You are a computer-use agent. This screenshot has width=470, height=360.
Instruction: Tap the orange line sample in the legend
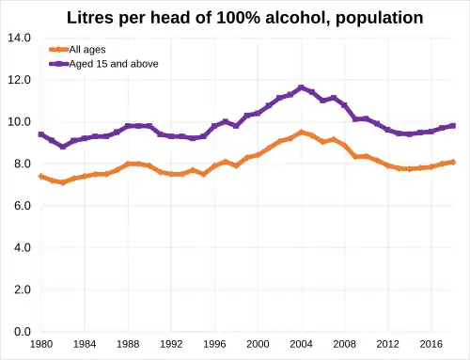point(58,49)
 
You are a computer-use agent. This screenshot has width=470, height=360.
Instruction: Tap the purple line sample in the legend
point(58,63)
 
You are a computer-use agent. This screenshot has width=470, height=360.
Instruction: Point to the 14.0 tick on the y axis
point(19,38)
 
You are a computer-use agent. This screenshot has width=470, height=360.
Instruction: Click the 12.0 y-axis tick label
point(19,80)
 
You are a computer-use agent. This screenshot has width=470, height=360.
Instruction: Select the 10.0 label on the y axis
point(19,122)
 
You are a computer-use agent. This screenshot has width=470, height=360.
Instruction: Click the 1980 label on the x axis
point(41,344)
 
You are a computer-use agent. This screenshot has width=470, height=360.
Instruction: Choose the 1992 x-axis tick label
point(171,344)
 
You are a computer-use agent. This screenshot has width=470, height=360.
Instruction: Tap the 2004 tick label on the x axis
point(301,344)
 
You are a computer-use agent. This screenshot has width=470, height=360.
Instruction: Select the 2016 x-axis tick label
point(431,344)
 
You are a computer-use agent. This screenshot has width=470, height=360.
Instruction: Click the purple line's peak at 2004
point(301,87)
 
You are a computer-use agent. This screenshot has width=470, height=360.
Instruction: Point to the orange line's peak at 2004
point(301,133)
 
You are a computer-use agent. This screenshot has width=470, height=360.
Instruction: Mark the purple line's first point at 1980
point(41,134)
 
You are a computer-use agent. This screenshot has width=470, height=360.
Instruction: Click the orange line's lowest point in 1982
point(63,182)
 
